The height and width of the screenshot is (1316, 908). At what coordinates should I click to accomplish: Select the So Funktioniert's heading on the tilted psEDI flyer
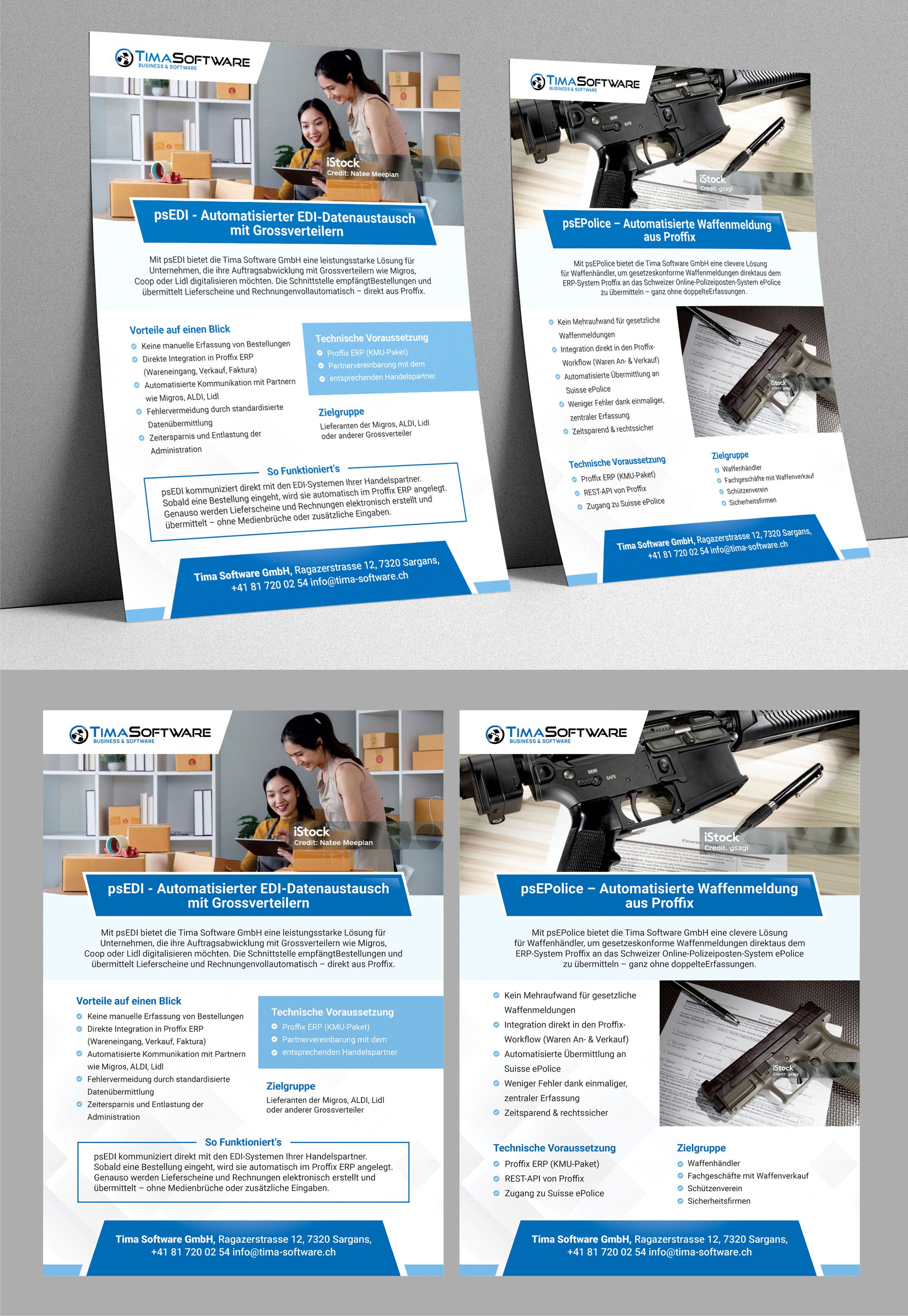coord(303,470)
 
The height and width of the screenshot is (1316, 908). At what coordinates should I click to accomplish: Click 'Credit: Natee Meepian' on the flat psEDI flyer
coord(333,842)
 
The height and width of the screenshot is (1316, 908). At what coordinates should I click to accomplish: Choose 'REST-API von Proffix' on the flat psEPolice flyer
coord(544,1179)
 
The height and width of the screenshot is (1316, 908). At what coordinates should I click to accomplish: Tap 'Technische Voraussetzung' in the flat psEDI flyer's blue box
coord(332,1012)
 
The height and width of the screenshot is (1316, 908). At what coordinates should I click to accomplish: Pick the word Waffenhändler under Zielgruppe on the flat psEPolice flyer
coord(713,1163)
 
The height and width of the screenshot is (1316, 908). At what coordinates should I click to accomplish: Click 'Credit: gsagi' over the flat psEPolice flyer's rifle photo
coord(726,847)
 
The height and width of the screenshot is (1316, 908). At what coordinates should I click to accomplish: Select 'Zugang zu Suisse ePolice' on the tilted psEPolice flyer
coord(625,503)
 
